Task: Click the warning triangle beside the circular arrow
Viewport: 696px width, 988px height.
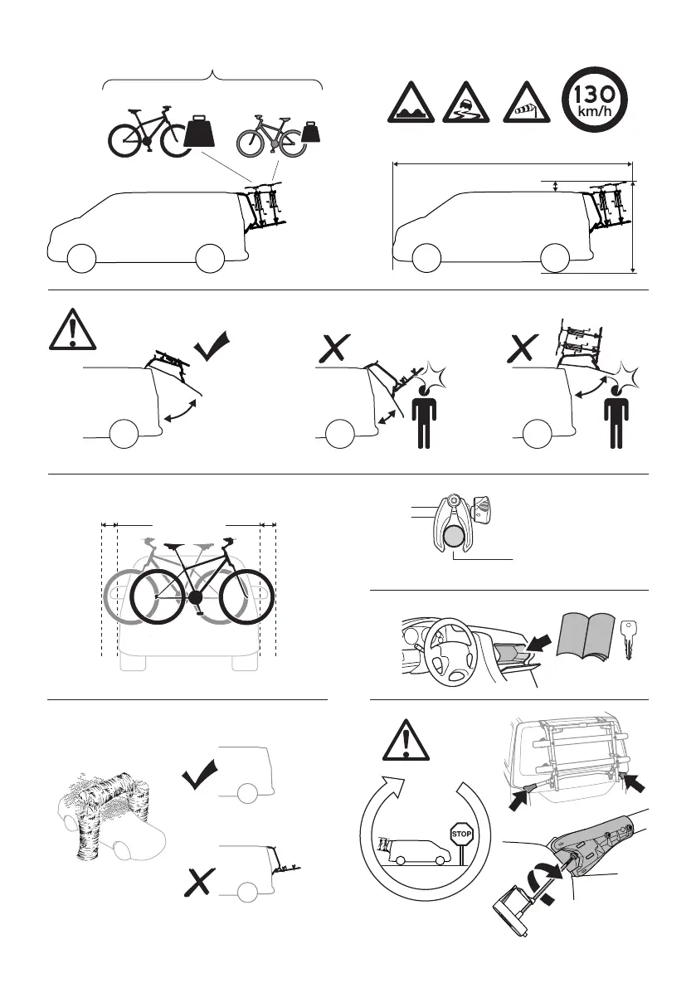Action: [x=406, y=739]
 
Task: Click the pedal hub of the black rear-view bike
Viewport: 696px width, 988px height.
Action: [x=194, y=596]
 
